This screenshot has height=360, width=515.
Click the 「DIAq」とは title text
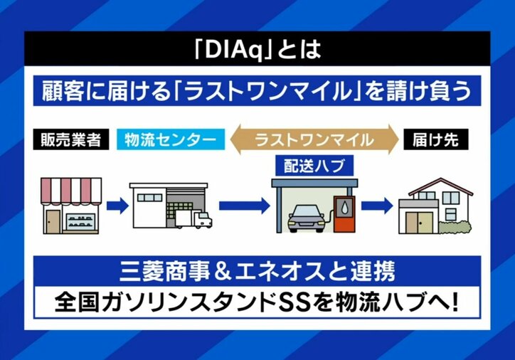click(257, 51)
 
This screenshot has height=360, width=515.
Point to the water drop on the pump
click(344, 206)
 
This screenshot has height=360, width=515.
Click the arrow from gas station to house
click(377, 206)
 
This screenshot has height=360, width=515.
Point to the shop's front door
click(53, 220)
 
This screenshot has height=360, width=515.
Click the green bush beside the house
click(457, 228)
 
